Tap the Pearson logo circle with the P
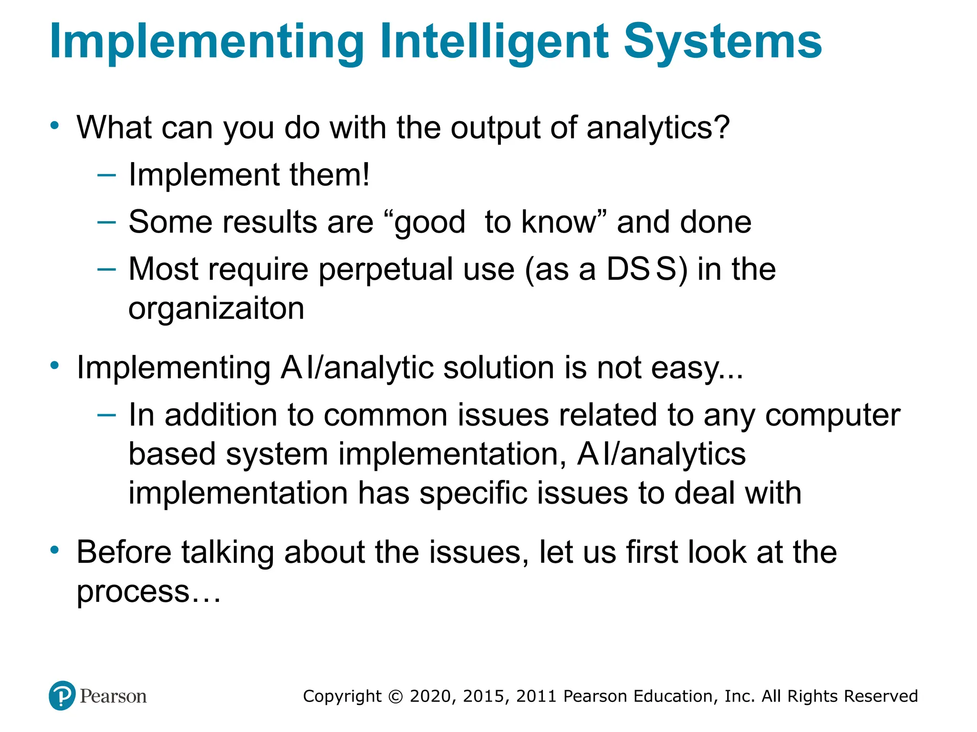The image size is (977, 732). coord(62,696)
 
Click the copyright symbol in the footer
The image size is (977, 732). coord(395,696)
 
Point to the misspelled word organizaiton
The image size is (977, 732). coord(216,309)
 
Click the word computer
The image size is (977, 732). coord(832,415)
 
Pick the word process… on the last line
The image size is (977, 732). coord(149,591)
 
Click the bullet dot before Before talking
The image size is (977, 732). coord(55,550)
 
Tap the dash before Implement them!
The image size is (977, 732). coord(106,175)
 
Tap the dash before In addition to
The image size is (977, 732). coord(106,415)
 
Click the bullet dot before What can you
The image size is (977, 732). coord(55,126)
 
